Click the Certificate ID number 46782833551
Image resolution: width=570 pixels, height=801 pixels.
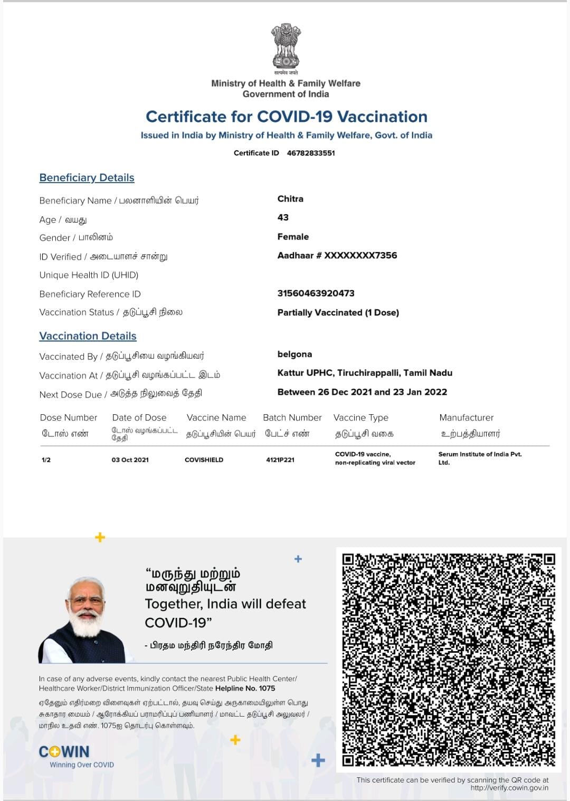point(311,153)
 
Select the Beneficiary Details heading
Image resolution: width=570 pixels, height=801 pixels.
point(87,178)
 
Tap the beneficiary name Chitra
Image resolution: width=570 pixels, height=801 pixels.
point(290,199)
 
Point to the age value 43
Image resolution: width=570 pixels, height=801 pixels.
point(283,217)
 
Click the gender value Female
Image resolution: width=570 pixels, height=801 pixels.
point(293,237)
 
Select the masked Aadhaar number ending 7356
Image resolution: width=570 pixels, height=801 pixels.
point(337,255)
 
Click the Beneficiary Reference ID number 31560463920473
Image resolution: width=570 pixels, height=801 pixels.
point(316,293)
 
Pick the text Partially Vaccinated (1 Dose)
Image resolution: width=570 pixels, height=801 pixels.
point(338,312)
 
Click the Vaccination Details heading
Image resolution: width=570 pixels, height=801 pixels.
point(88,336)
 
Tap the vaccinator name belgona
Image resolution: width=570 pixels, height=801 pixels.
point(294,354)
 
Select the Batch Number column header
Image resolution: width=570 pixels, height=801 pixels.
point(292,418)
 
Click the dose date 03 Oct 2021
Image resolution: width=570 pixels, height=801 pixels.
point(130,460)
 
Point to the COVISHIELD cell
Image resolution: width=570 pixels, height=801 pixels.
point(204,460)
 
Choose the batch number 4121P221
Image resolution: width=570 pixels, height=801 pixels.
point(280,460)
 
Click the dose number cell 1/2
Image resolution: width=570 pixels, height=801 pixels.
point(46,460)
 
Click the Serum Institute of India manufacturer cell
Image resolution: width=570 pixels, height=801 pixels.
point(480,458)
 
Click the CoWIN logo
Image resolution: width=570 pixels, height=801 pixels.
point(64,752)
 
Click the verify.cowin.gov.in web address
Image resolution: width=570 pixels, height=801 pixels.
point(509,788)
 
